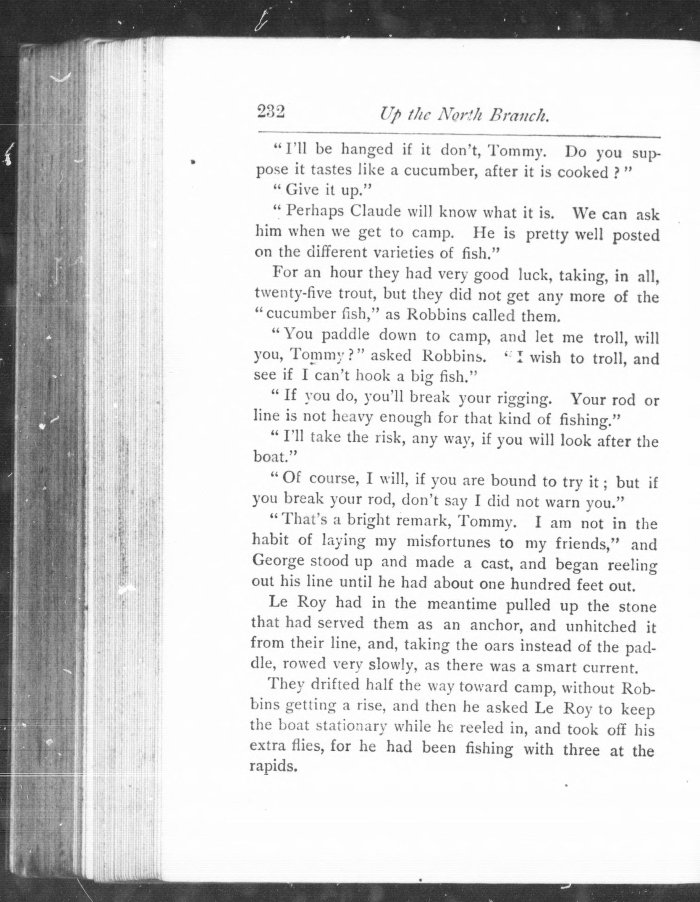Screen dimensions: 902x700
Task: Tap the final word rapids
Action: pyautogui.click(x=274, y=767)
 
